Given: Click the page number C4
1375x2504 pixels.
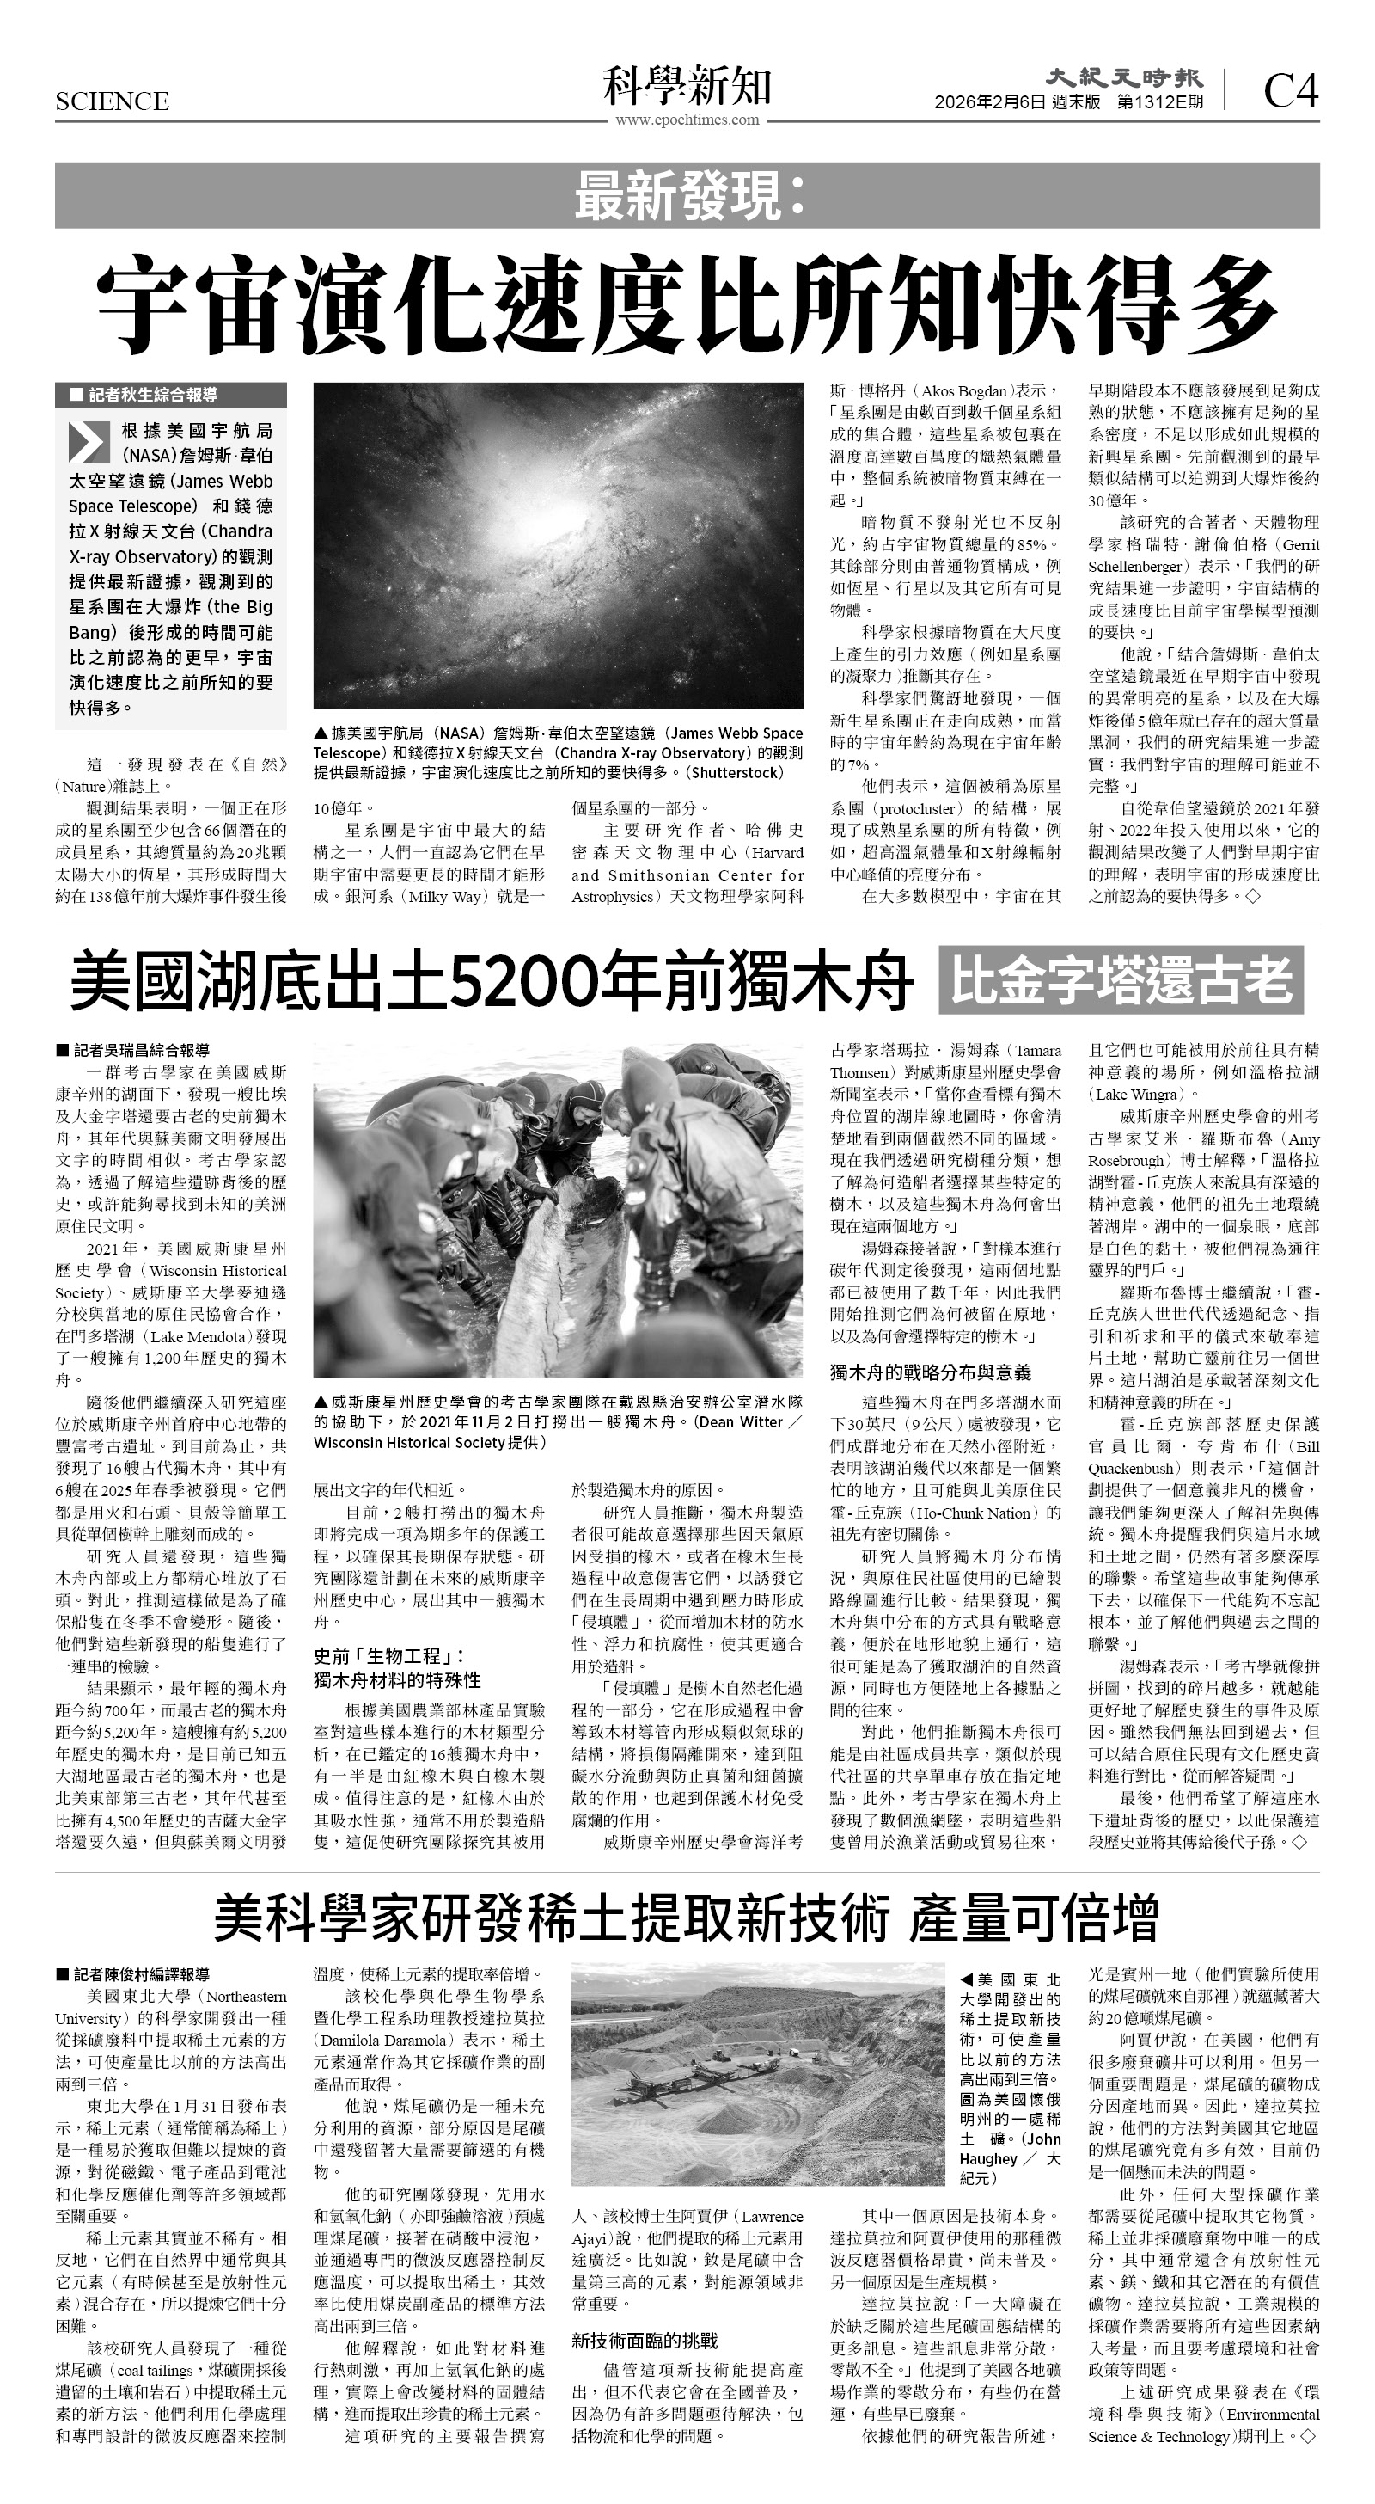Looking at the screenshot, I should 1291,91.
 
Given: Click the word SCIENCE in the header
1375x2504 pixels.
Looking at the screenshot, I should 112,101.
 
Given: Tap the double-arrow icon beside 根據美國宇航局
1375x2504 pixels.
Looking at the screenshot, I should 89,441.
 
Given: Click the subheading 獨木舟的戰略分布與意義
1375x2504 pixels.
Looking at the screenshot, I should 930,1372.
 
